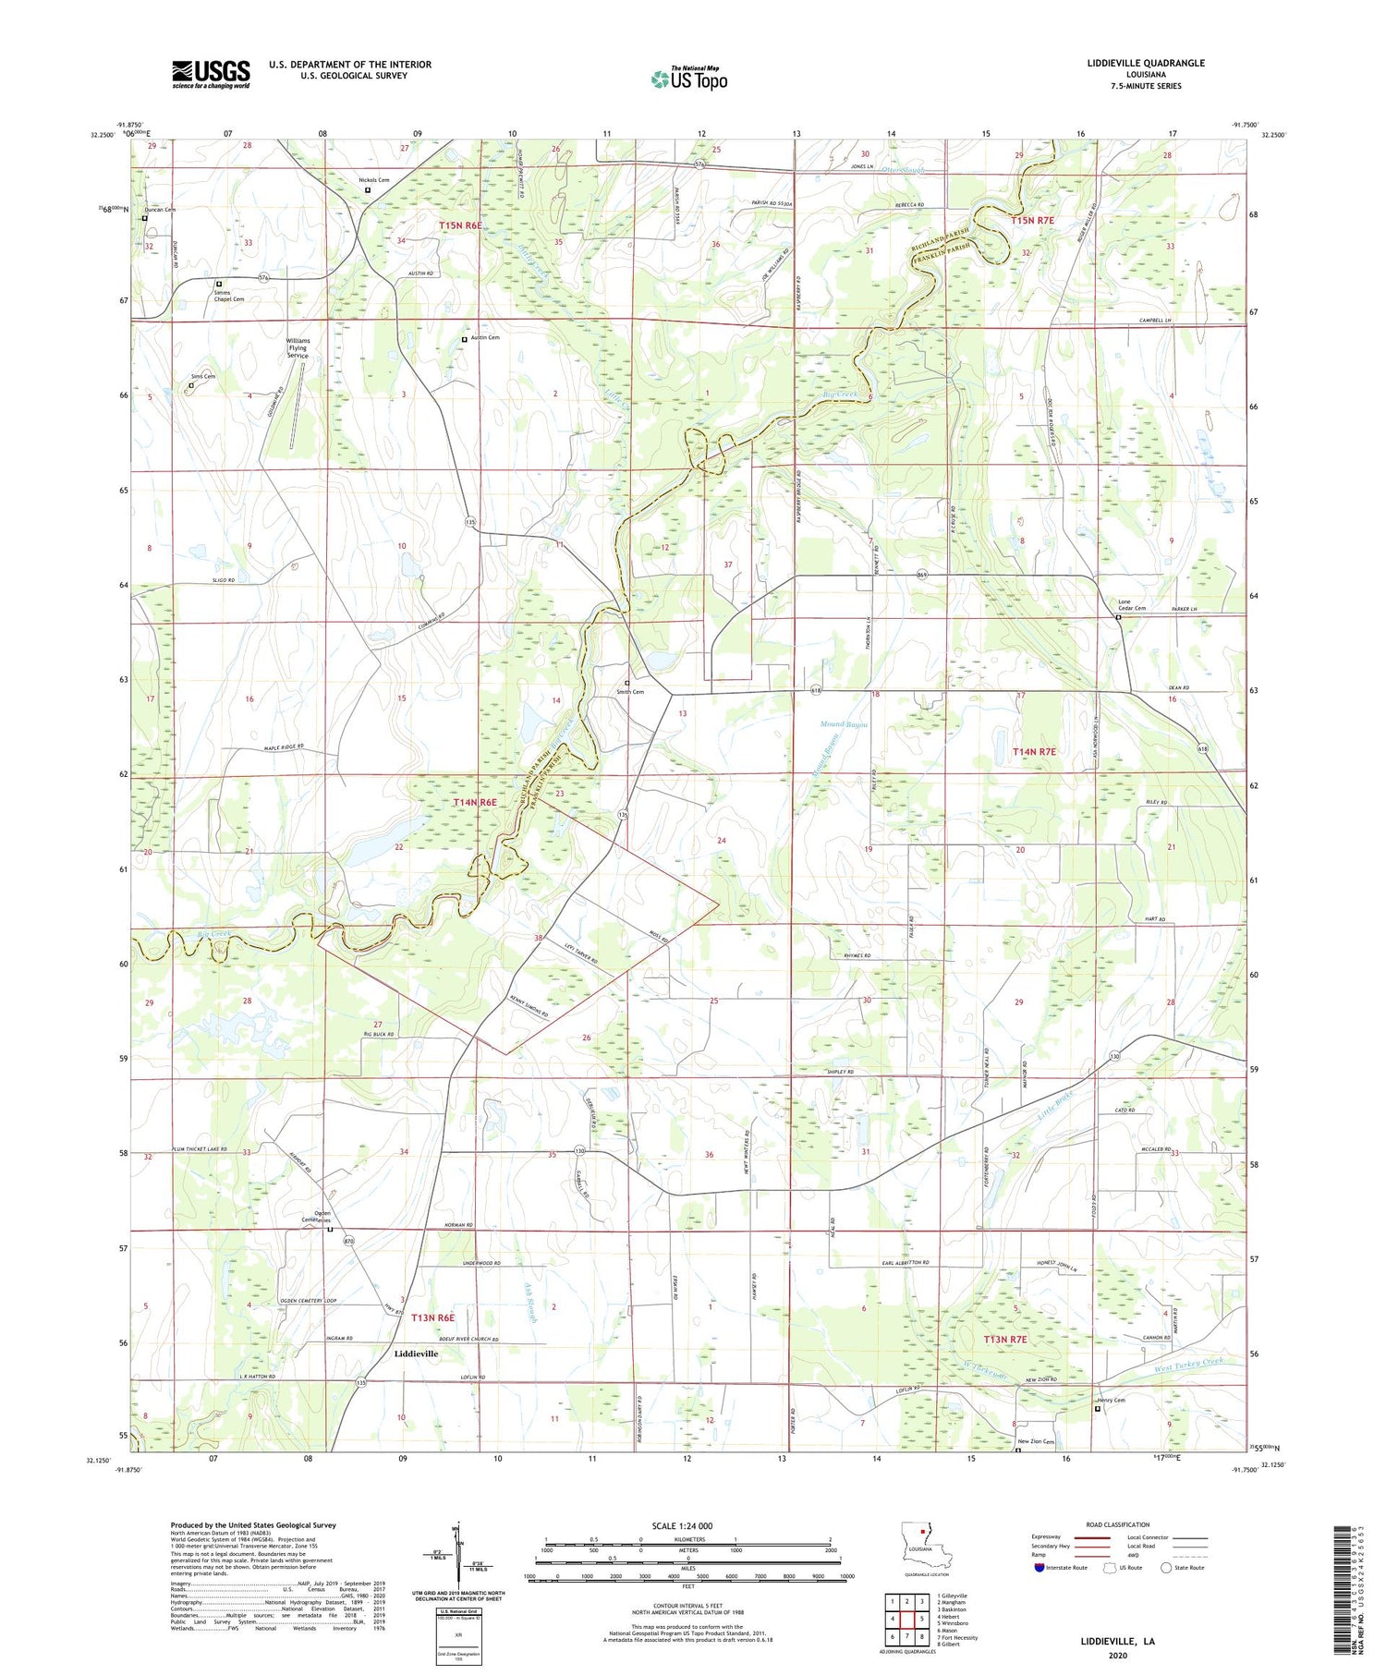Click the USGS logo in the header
pyautogui.click(x=211, y=74)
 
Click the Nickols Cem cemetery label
pyautogui.click(x=374, y=180)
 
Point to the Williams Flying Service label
pyautogui.click(x=298, y=347)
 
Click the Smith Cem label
pyautogui.click(x=630, y=691)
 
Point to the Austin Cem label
pyautogui.click(x=485, y=338)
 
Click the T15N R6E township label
pyautogui.click(x=461, y=225)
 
